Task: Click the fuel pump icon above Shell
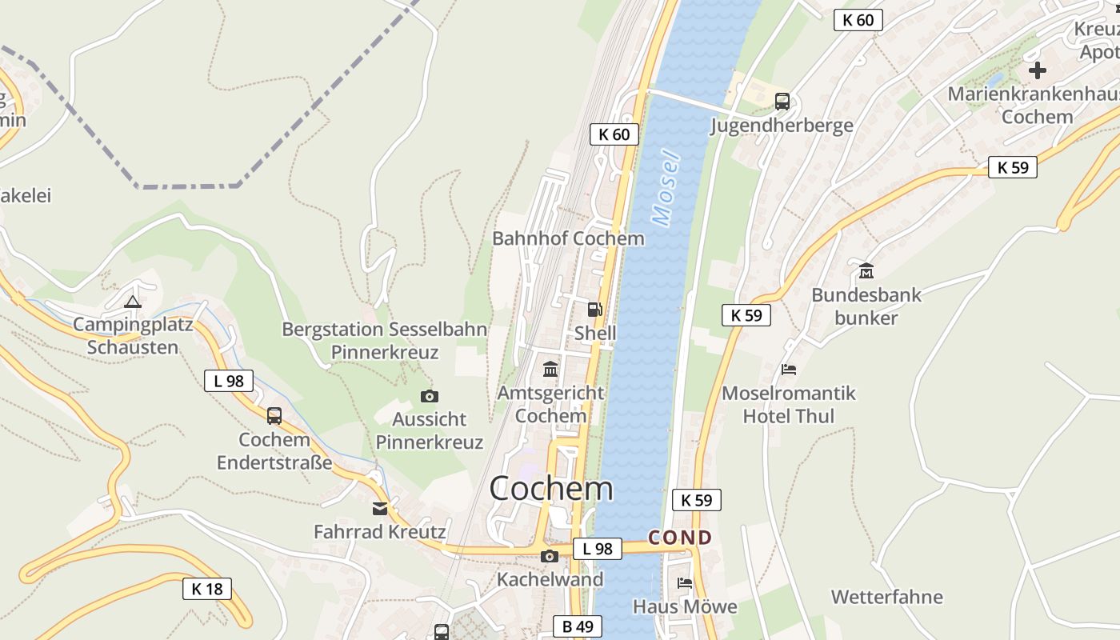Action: tap(594, 310)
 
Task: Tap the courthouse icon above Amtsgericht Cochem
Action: tap(550, 369)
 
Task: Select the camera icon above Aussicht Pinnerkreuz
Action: tap(430, 396)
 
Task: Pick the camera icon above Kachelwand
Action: tap(550, 556)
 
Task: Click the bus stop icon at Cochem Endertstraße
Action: tap(274, 415)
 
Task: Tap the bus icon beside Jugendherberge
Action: tap(782, 102)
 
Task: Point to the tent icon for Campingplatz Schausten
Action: tap(133, 302)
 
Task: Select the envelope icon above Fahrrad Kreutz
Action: tap(380, 508)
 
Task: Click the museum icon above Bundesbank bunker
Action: tap(866, 271)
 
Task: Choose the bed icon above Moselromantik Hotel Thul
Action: tap(789, 370)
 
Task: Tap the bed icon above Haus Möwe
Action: tap(685, 583)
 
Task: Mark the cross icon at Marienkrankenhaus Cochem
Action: tap(1038, 70)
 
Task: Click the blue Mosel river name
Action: tap(666, 188)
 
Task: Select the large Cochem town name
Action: tap(551, 488)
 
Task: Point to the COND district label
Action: tap(680, 538)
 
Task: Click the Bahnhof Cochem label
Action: tap(568, 238)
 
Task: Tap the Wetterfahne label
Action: tap(887, 597)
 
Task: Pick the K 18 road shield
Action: tap(207, 590)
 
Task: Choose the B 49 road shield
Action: tap(578, 626)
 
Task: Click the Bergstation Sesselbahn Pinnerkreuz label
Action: tap(385, 341)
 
